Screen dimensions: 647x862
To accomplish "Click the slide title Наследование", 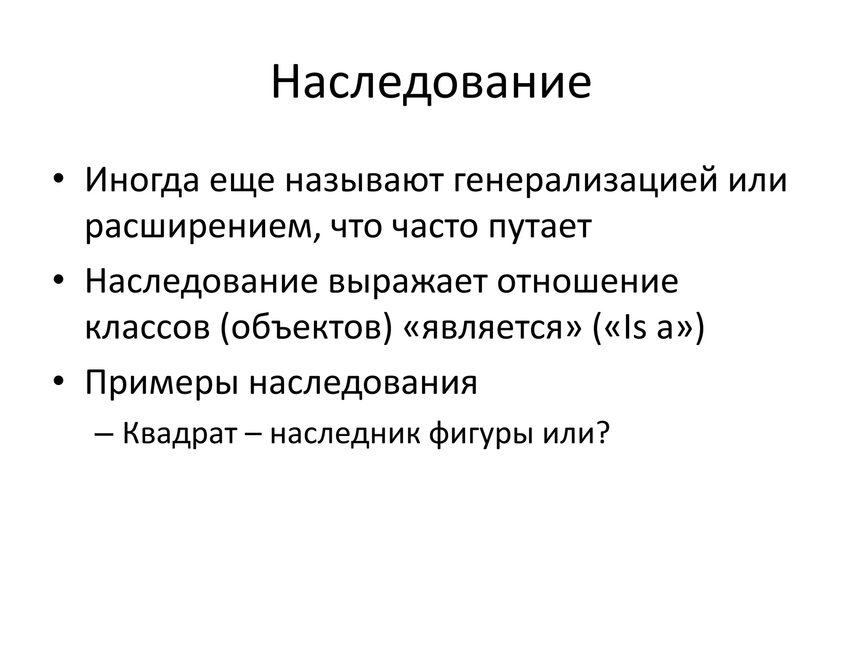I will pos(431,82).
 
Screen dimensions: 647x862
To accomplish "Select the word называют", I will pos(364,180).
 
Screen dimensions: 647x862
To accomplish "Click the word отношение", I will pos(588,281).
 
